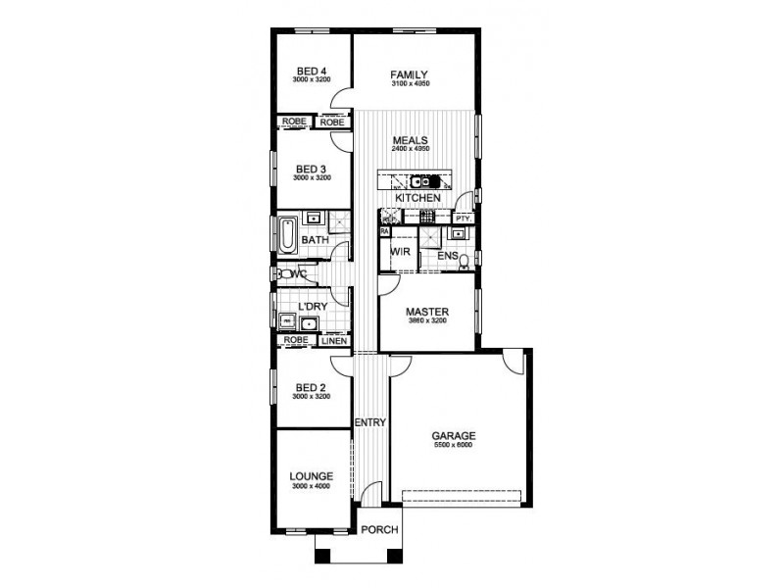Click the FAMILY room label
pos(410,74)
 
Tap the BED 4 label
pos(313,71)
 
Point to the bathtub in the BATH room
pos(287,236)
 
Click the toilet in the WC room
pos(282,275)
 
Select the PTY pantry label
pos(463,219)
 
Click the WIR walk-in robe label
pos(399,253)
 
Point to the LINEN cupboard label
pos(333,341)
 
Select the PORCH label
pos(379,530)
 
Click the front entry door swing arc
pos(368,495)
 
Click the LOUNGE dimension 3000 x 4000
pos(312,486)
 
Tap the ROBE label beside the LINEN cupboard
pos(295,340)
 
